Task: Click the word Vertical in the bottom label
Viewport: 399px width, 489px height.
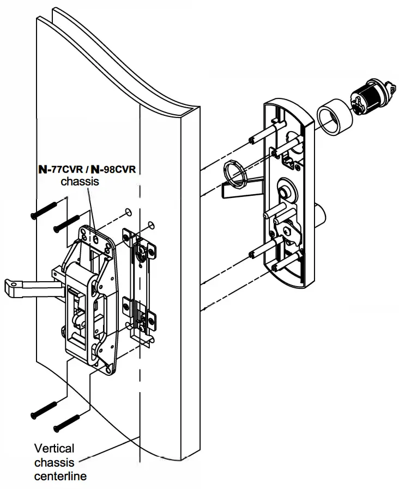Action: click(54, 449)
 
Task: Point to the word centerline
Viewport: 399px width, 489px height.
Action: click(61, 476)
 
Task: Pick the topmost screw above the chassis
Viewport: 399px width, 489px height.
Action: click(44, 209)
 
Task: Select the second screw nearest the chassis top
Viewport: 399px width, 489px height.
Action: click(67, 221)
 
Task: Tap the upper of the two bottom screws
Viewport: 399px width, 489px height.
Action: click(44, 408)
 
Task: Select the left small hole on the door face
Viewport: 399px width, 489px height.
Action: click(127, 212)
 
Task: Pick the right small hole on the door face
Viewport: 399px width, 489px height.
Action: click(151, 224)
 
